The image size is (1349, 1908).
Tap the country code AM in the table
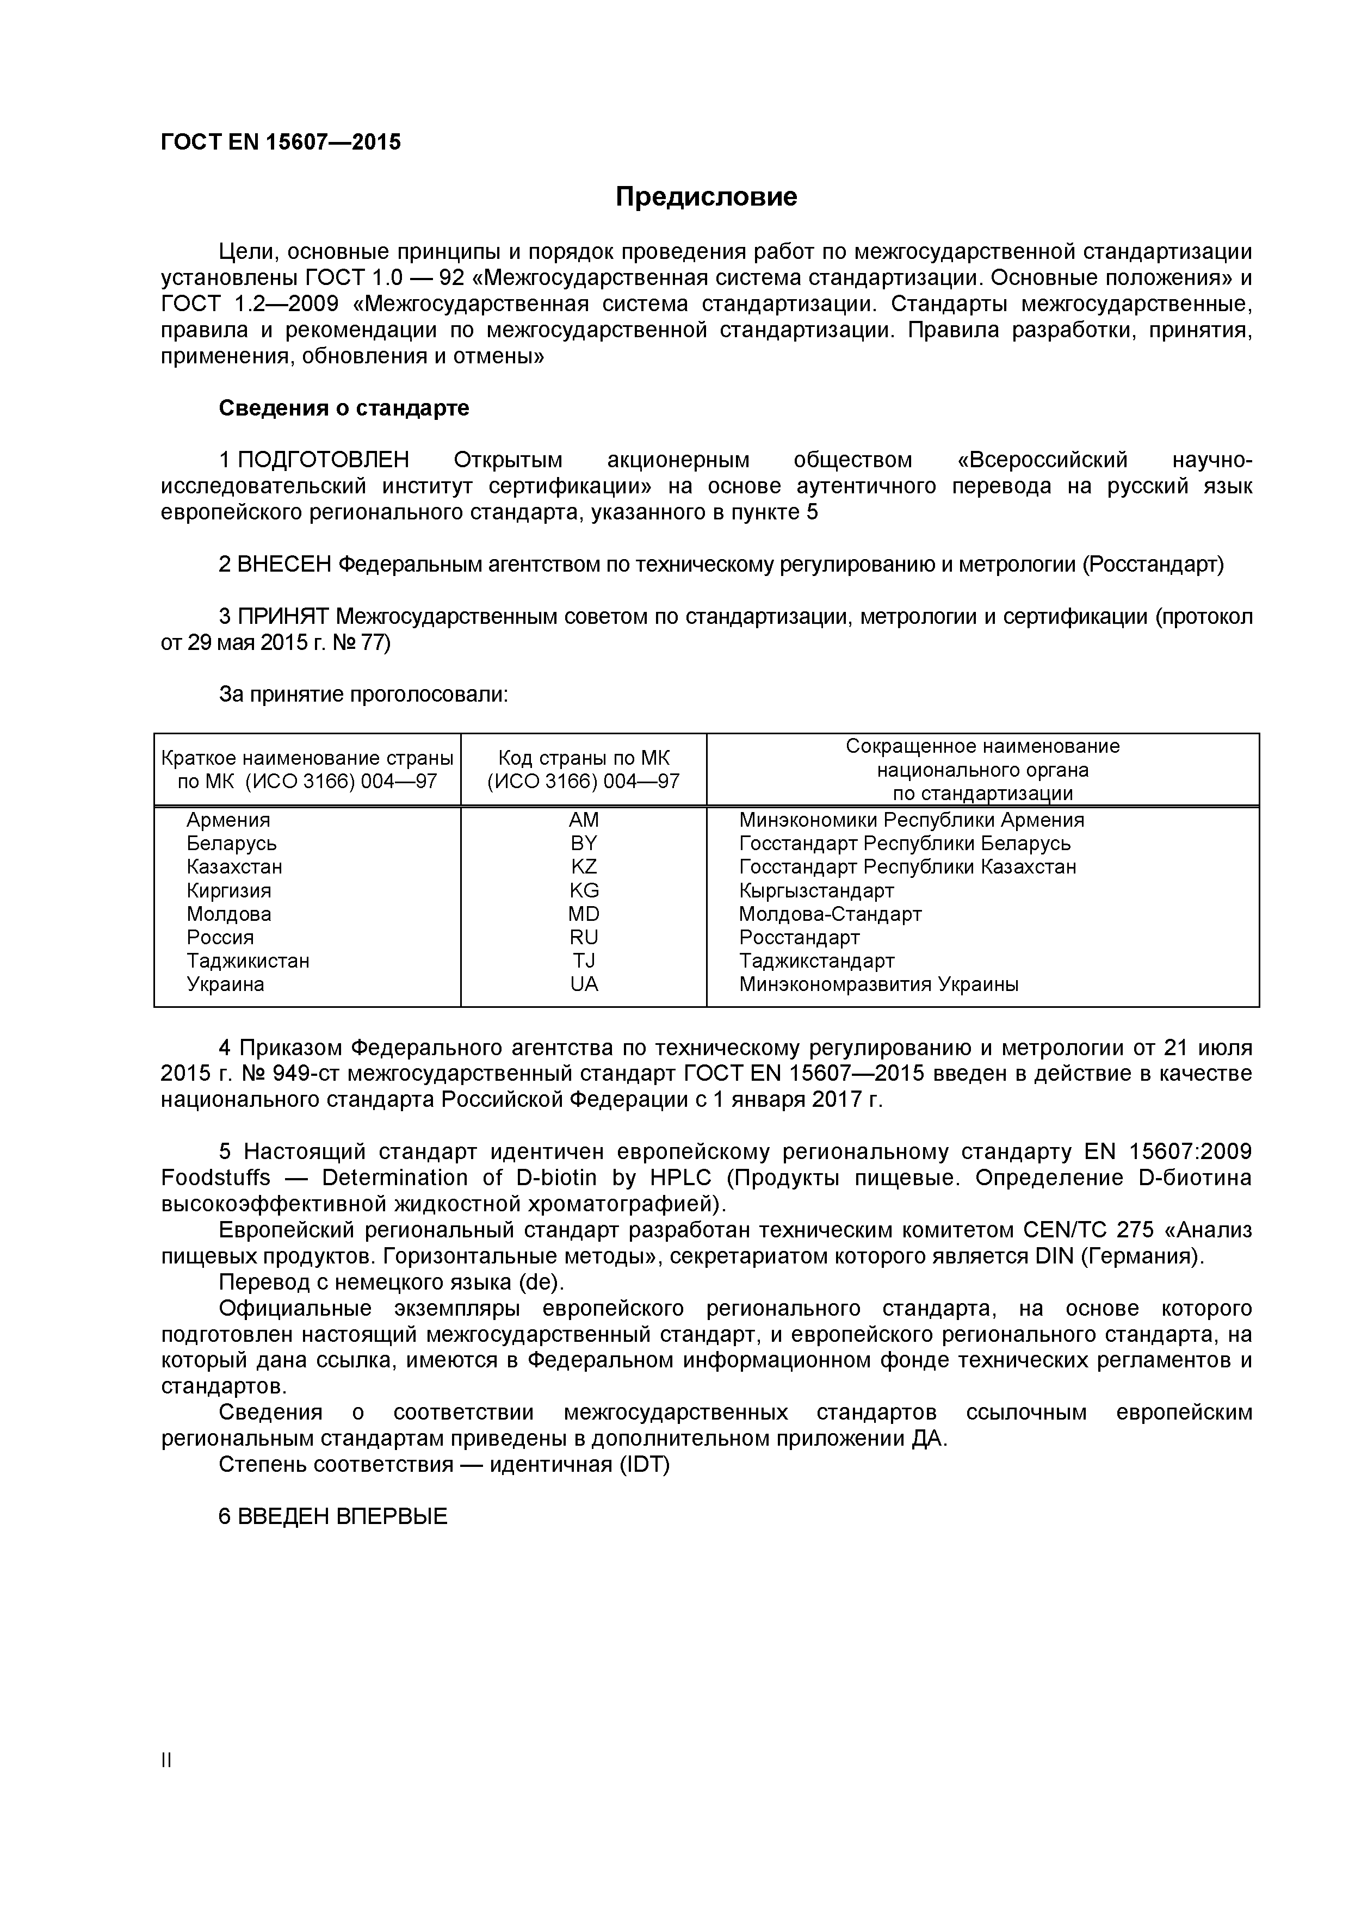[x=584, y=820]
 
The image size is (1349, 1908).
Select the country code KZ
[x=584, y=867]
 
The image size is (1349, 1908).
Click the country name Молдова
[x=228, y=914]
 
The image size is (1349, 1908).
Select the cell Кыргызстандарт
[x=816, y=891]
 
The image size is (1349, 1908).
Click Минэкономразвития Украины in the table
[x=878, y=985]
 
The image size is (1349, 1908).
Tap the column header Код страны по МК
[x=584, y=758]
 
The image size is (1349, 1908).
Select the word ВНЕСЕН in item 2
[x=283, y=565]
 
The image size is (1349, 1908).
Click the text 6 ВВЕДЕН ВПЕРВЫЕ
[x=332, y=1516]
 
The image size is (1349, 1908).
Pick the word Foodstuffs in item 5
[x=215, y=1179]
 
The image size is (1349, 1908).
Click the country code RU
[x=584, y=937]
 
